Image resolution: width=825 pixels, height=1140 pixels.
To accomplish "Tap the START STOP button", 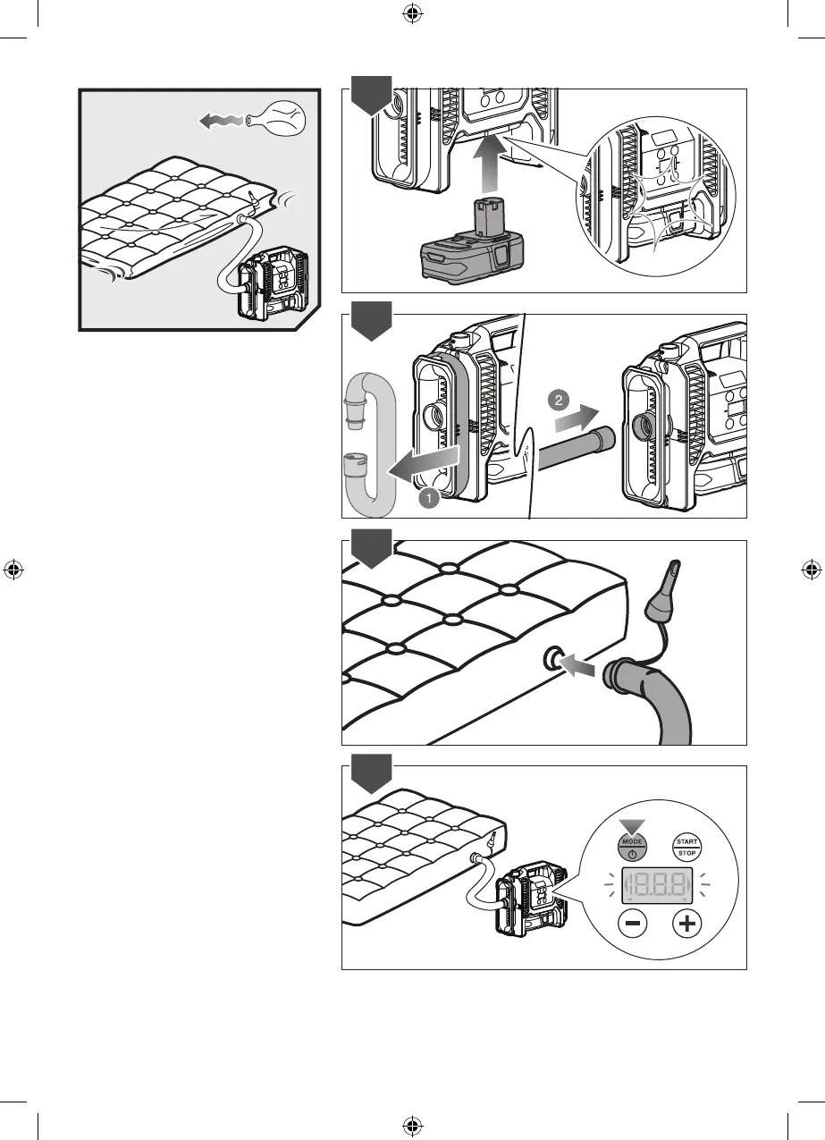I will coord(686,846).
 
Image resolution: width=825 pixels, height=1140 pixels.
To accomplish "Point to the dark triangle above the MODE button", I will coord(632,824).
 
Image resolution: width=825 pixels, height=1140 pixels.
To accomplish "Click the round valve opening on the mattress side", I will coord(551,661).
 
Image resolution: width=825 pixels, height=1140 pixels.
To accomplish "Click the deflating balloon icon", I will coord(274,118).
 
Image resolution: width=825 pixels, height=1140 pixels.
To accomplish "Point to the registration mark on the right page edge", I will coord(812,570).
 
